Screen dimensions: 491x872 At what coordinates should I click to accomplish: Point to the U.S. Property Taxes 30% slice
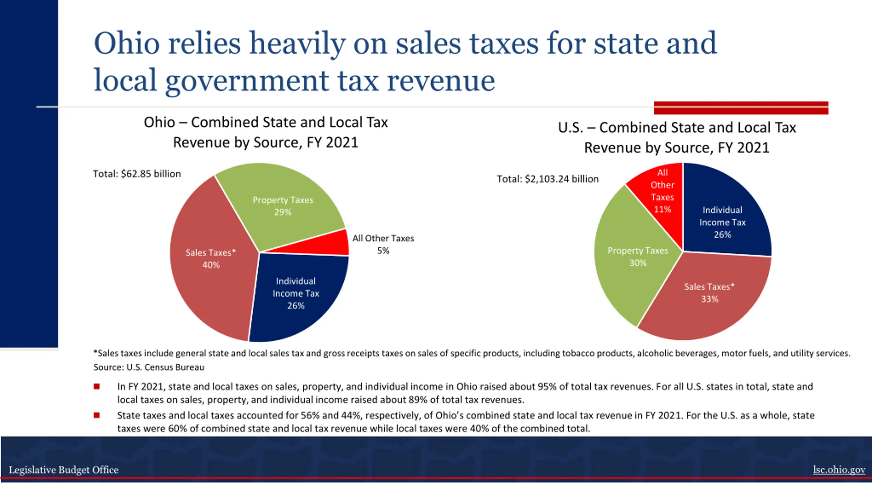coord(634,259)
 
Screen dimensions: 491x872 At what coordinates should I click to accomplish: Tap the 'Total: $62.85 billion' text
coord(137,174)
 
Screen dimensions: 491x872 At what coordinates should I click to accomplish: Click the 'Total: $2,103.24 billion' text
coord(547,179)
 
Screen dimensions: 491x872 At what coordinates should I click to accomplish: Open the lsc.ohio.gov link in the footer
coord(839,470)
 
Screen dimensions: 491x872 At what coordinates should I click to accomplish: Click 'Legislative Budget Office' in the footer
coord(64,470)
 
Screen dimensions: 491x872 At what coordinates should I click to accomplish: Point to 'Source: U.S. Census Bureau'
coord(149,367)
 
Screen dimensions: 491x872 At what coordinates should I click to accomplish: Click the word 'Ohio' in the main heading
coord(127,43)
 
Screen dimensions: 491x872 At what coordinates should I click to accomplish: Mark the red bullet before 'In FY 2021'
coord(97,386)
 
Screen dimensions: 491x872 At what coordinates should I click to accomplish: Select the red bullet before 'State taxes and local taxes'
coord(97,415)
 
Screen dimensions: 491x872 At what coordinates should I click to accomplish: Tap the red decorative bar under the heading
coord(741,108)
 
